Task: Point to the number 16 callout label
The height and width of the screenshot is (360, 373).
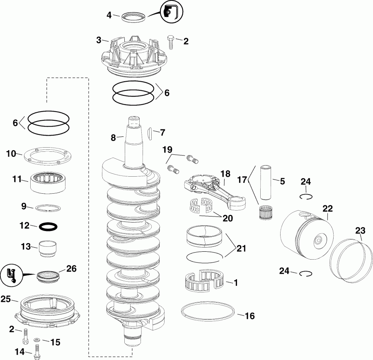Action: tap(249, 316)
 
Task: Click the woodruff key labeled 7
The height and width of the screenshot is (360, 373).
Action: tap(150, 133)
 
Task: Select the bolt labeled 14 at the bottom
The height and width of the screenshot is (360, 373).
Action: tap(38, 352)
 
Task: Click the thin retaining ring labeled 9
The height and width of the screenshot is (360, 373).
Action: tap(49, 207)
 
